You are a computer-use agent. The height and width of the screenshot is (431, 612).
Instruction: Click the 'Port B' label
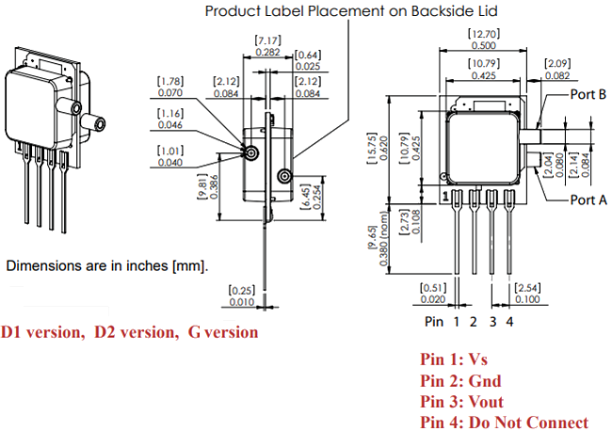pyautogui.click(x=588, y=96)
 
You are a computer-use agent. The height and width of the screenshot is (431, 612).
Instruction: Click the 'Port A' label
pyautogui.click(x=588, y=199)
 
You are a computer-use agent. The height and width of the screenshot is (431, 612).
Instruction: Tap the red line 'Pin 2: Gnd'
pyautogui.click(x=459, y=381)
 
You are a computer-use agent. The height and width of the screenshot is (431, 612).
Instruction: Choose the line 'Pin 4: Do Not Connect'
pyautogui.click(x=504, y=423)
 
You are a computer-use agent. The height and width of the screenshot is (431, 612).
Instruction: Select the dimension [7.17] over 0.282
pyautogui.click(x=267, y=41)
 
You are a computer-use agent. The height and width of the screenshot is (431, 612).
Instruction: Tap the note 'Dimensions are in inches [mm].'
pyautogui.click(x=106, y=266)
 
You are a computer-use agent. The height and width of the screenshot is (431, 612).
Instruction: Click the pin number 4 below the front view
pyautogui.click(x=510, y=322)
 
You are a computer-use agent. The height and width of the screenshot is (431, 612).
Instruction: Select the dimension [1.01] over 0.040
pyautogui.click(x=170, y=155)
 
